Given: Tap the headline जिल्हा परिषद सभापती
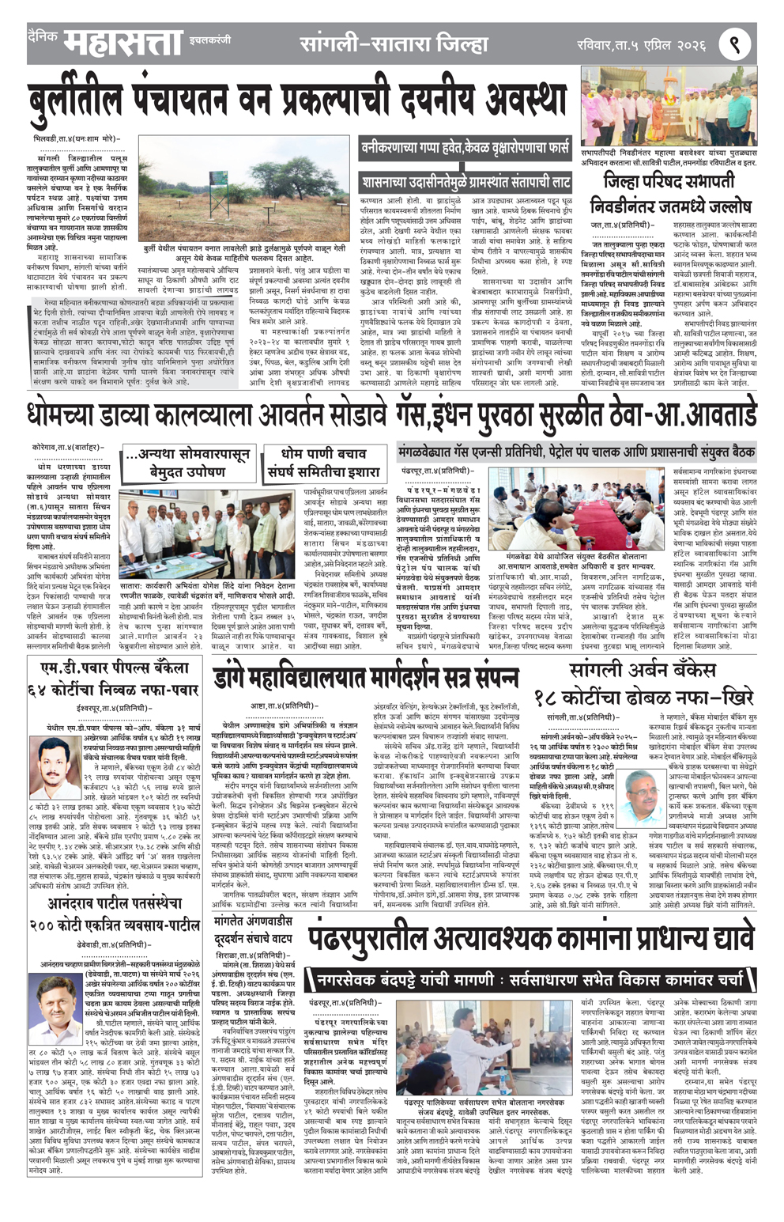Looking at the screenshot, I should tap(669, 183).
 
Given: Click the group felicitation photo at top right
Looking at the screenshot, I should tap(669, 105).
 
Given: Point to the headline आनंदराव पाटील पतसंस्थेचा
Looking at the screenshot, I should tap(115, 902).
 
